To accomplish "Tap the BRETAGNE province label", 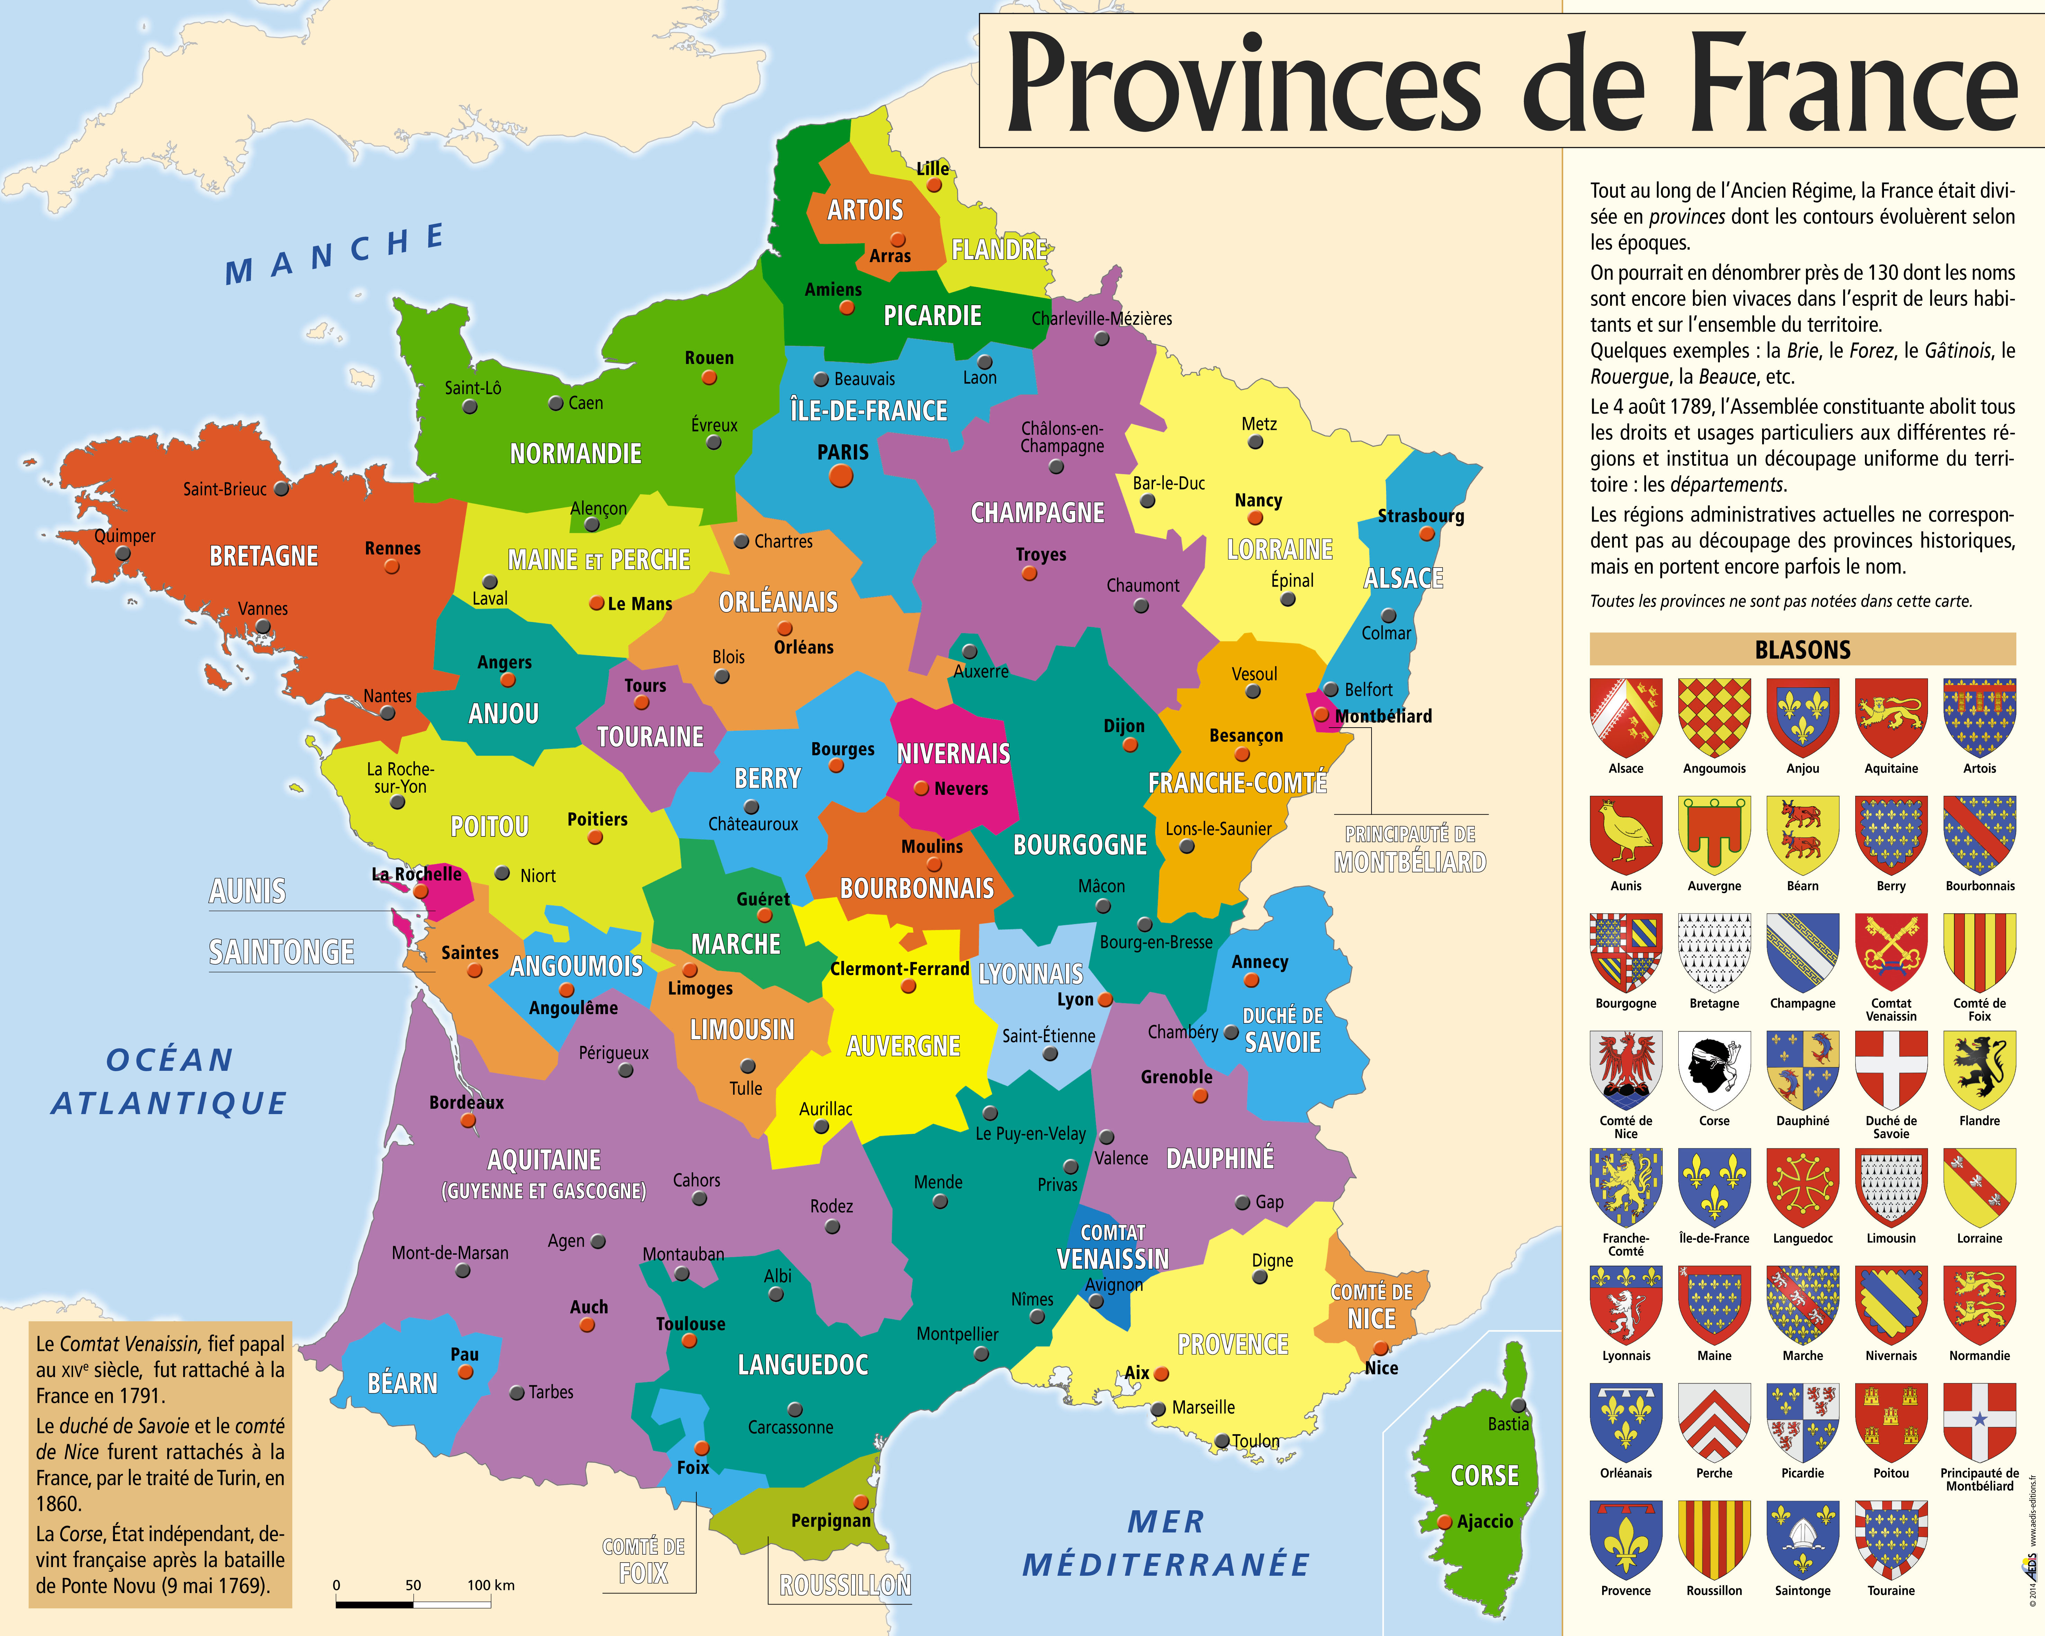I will (x=264, y=556).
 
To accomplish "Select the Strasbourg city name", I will (x=1420, y=516).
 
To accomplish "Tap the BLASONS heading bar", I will (x=1802, y=650).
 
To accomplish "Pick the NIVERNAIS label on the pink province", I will (x=953, y=754).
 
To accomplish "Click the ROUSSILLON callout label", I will (x=845, y=1585).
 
